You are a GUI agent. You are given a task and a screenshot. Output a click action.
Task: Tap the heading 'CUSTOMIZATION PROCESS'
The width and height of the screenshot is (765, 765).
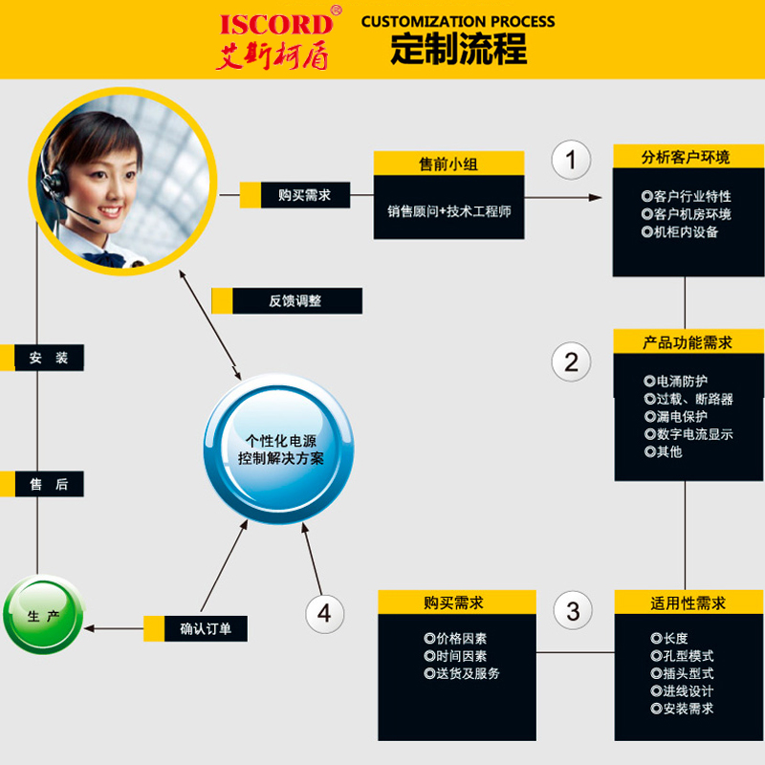(458, 21)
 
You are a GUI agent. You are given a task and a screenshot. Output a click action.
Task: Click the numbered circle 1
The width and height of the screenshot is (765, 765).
(572, 160)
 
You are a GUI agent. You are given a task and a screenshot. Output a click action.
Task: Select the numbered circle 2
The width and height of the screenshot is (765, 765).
(572, 362)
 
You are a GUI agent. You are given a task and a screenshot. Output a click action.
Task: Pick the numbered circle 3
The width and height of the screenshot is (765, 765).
(573, 611)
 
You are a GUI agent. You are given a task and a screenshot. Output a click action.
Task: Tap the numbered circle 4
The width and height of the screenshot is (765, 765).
(324, 612)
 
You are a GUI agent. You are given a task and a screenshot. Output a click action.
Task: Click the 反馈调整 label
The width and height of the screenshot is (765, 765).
(295, 301)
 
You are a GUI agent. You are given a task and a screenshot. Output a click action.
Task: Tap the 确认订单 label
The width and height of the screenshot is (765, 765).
(207, 628)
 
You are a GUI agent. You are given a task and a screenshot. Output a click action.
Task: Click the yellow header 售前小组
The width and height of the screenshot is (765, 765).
(448, 164)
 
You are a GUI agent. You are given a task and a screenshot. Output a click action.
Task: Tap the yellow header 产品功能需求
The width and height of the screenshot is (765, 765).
(688, 342)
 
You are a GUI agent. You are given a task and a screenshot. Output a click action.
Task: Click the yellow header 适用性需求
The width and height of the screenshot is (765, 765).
(688, 602)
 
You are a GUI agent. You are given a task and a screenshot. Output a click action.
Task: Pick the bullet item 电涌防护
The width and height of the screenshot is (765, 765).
(682, 382)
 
